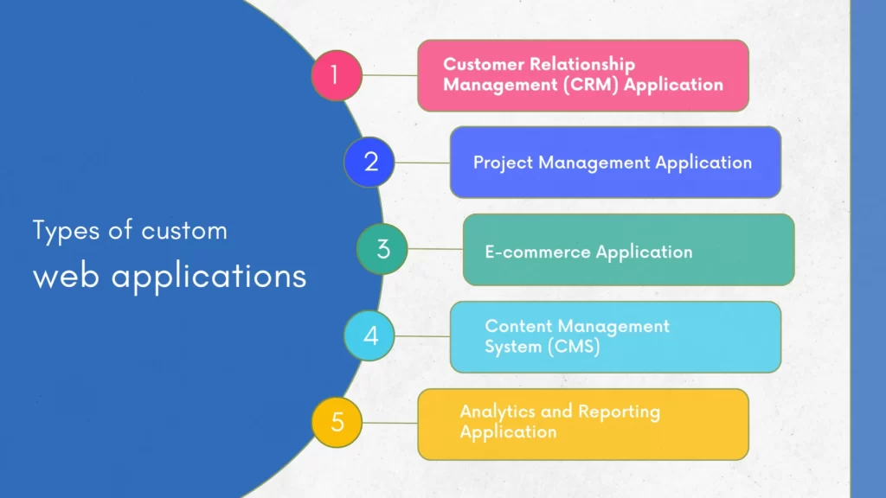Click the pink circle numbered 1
pos(337,75)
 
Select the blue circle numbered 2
pos(370,162)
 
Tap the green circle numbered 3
pos(382,249)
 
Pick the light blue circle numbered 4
pos(370,335)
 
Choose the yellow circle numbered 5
pos(337,423)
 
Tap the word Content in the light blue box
pos(517,326)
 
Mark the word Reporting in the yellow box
pos(619,412)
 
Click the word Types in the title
pos(61,232)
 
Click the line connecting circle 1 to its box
pos(389,75)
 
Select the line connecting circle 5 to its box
pos(389,423)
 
